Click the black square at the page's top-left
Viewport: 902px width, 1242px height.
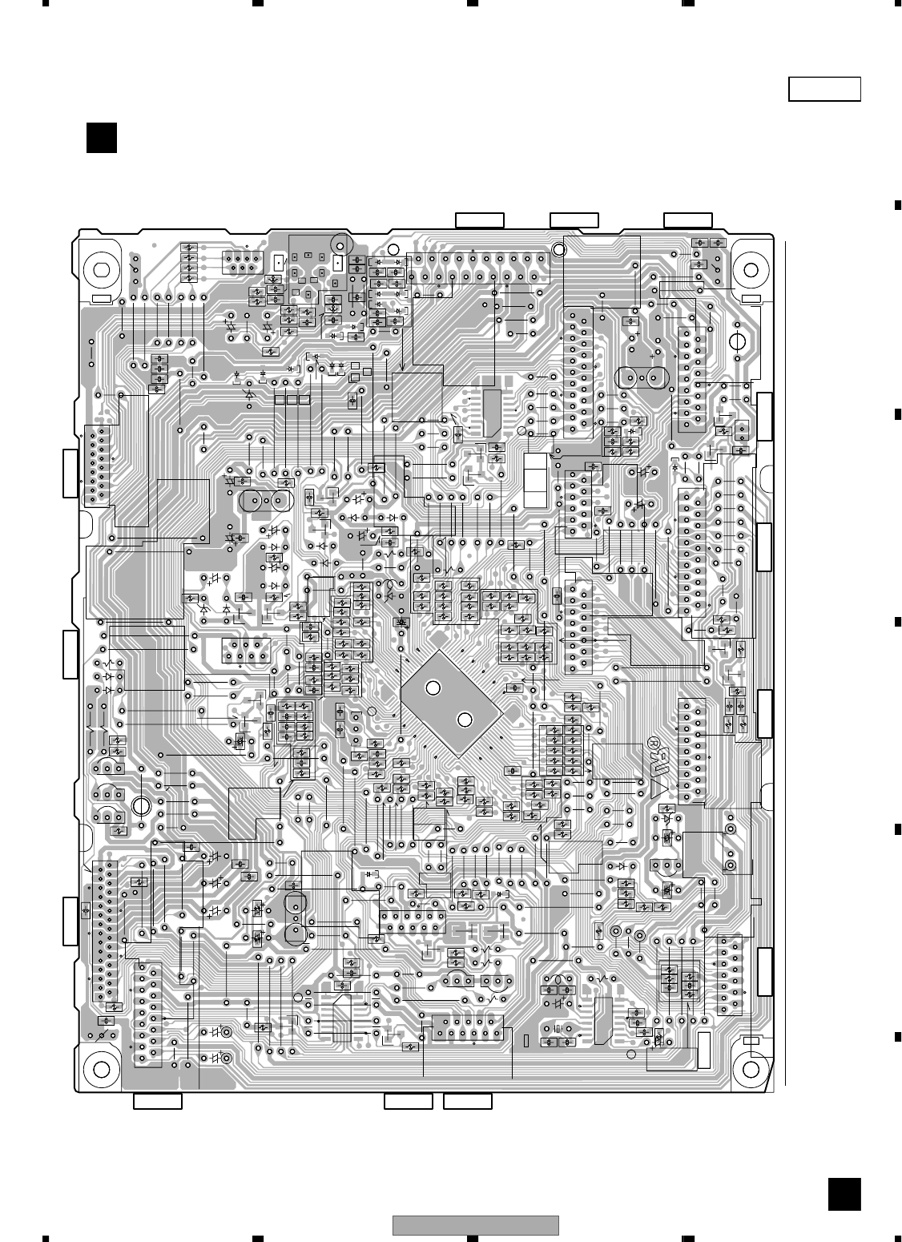click(102, 137)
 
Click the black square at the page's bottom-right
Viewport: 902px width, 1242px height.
click(844, 1195)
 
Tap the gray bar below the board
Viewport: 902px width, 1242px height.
click(476, 1225)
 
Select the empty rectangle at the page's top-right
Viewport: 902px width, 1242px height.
click(824, 89)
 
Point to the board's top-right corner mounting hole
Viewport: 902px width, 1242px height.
click(752, 270)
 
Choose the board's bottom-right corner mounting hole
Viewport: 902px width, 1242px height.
click(752, 1069)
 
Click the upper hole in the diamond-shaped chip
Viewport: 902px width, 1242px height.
click(433, 688)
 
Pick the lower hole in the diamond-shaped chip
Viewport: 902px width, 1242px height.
click(463, 718)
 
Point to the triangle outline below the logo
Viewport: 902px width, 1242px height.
click(658, 790)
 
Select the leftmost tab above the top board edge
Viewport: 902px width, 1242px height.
click(479, 220)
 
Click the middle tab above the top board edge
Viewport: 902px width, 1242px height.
click(574, 220)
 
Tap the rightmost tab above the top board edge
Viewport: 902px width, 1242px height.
click(688, 220)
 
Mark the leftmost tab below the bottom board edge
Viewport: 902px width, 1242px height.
click(157, 1101)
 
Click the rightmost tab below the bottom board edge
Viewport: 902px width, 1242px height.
click(468, 1101)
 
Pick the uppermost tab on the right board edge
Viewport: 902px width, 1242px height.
click(764, 417)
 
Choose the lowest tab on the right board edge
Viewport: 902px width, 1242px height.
click(764, 971)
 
